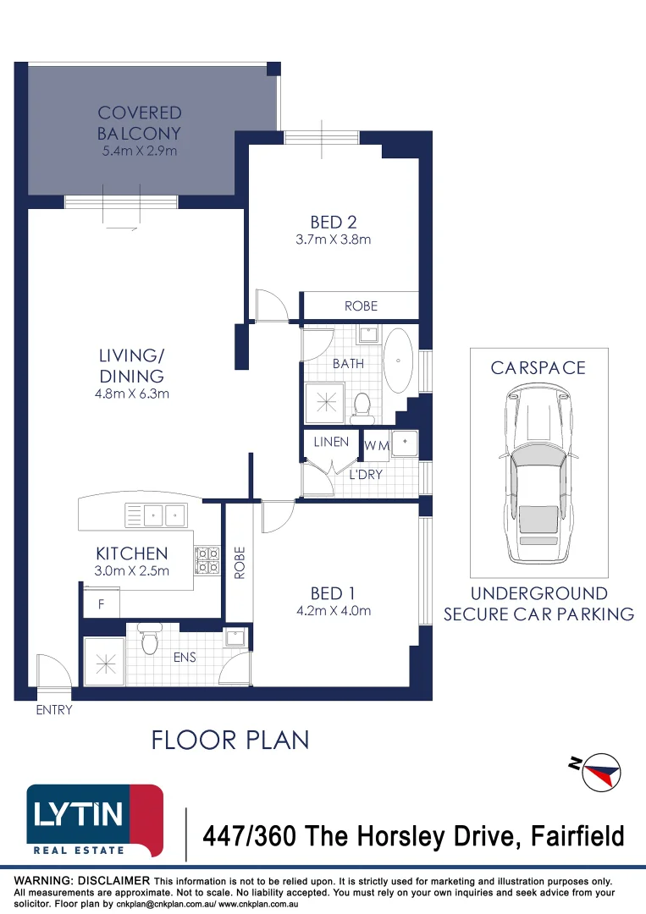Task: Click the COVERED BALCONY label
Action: click(x=139, y=123)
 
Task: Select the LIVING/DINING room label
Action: click(x=130, y=366)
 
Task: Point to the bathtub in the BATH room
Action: click(x=399, y=361)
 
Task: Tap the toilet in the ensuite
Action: click(x=150, y=640)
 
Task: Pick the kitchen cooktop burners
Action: click(x=207, y=559)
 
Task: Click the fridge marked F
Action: click(x=101, y=605)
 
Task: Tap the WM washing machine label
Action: click(x=376, y=444)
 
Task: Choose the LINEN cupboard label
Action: click(x=331, y=443)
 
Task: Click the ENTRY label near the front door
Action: click(x=54, y=710)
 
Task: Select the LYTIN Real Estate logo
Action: click(x=94, y=820)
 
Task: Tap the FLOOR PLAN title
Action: click(x=229, y=740)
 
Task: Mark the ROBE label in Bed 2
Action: click(x=361, y=306)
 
